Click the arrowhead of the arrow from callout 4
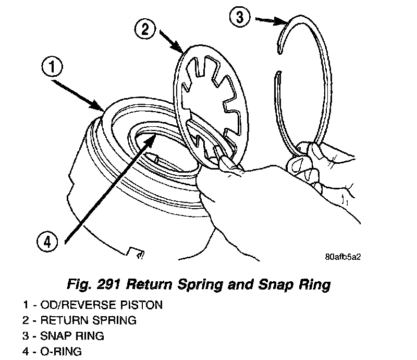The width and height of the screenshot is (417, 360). [154, 135]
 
